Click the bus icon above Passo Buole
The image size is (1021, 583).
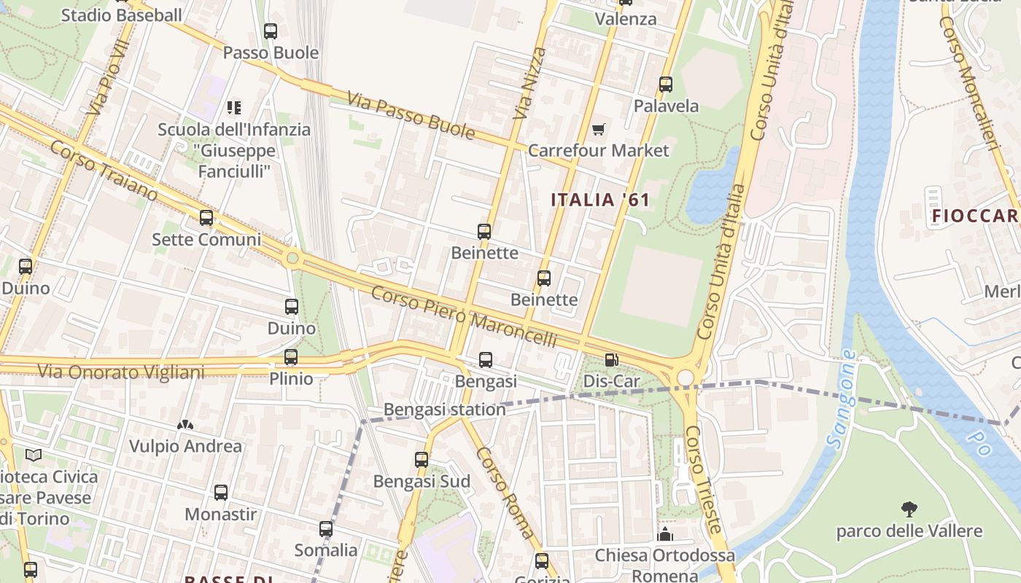[x=271, y=31]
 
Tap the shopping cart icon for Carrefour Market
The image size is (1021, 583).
[x=599, y=129]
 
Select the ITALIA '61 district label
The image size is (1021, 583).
[x=599, y=200]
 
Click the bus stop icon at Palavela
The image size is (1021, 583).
[x=665, y=85]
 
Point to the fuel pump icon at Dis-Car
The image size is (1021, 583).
[x=611, y=359]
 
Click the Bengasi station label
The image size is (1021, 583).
[x=444, y=410]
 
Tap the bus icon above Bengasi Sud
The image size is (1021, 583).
[x=422, y=460]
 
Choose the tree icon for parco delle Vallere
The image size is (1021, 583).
[x=909, y=509]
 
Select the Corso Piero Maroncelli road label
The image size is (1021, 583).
[x=463, y=317]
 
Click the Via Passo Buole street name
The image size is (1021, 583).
[x=411, y=115]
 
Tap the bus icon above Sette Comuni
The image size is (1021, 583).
[x=206, y=218]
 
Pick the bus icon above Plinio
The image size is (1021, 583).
[x=291, y=357]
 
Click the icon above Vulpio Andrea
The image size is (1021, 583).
[x=185, y=424]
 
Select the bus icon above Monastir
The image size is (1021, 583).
[x=221, y=493]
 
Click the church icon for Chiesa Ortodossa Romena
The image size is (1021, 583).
[x=664, y=536]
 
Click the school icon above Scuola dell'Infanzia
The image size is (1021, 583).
[x=234, y=108]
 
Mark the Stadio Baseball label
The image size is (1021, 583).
[x=121, y=15]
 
